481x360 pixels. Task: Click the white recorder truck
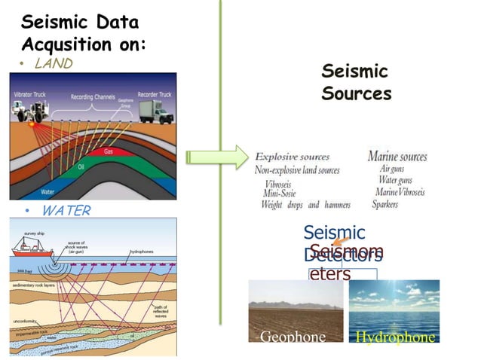tap(154, 111)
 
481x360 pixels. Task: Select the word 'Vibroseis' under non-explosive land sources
tap(283, 183)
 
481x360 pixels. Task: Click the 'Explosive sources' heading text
tap(293, 157)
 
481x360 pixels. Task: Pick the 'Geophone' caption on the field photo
tap(293, 337)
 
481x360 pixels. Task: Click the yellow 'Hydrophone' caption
tap(395, 337)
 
